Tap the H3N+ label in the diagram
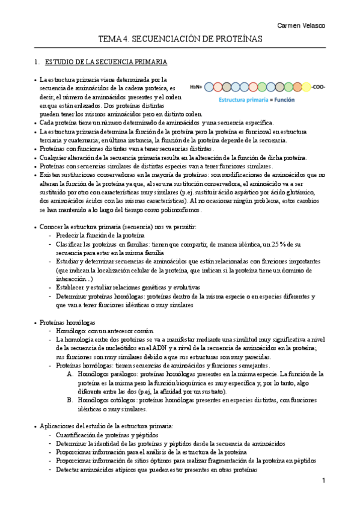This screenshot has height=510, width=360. click(197, 87)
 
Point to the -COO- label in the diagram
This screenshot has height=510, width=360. click(319, 87)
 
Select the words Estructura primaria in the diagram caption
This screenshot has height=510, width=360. click(241, 100)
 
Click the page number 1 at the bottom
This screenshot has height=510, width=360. click(323, 481)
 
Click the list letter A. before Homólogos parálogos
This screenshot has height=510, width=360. click(70, 373)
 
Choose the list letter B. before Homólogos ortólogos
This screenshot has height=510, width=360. click(70, 400)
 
